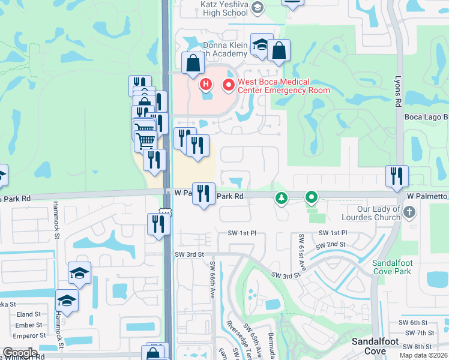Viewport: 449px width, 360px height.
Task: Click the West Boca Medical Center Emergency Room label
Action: (283, 86)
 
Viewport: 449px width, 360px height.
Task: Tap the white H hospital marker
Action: (206, 84)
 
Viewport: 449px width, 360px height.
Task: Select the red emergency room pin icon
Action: (228, 86)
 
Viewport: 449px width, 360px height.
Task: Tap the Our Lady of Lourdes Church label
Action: (370, 212)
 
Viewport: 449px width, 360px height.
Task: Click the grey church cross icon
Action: (409, 212)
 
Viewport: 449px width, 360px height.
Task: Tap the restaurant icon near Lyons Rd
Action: (397, 176)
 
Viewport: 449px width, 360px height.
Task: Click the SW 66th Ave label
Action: (212, 280)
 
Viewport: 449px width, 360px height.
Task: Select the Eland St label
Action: (29, 314)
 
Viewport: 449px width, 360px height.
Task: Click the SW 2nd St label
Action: (330, 245)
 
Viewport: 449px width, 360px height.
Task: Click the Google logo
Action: (19, 353)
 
